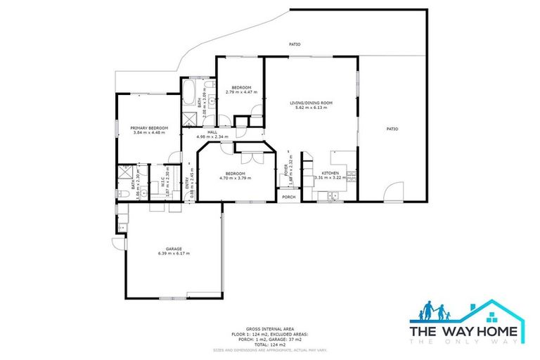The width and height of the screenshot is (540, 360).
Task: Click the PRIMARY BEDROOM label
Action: coord(149,128)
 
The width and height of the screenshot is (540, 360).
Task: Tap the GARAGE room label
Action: coord(174,249)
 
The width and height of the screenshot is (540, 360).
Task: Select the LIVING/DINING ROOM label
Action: coord(311,103)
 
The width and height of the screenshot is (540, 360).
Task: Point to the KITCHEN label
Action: coord(330,173)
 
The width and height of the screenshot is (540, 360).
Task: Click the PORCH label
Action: coord(289,198)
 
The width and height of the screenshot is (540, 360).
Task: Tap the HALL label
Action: coord(211,132)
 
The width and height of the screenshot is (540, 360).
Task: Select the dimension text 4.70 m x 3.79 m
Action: coord(235,178)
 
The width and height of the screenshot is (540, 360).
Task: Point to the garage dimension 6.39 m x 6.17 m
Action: coord(174,254)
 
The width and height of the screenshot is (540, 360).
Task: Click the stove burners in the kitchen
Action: coord(351,176)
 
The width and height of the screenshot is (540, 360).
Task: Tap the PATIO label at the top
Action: coord(295,45)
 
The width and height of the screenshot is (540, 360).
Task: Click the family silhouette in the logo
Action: coord(435,311)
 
